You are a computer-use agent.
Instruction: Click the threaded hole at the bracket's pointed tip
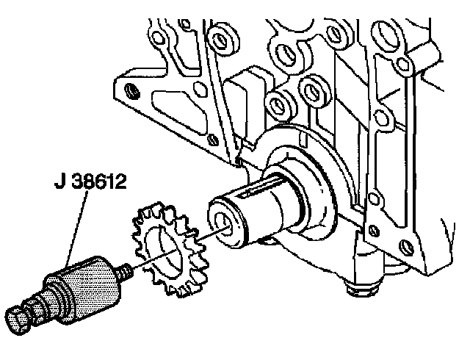point(131,93)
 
